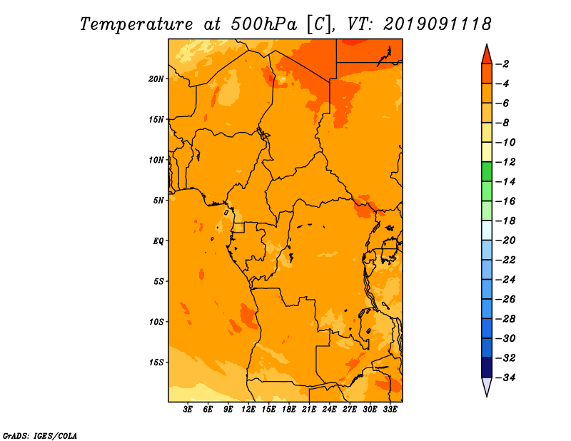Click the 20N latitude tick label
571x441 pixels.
tap(156, 79)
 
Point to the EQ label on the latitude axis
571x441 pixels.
tap(158, 241)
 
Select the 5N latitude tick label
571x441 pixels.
tap(158, 201)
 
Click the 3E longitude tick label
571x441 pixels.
tap(188, 409)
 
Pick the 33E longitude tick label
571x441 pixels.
tap(390, 409)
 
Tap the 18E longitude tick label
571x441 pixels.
tap(289, 409)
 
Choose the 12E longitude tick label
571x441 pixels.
tap(248, 409)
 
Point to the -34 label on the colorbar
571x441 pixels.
tap(506, 377)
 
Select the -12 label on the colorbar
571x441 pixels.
tap(506, 162)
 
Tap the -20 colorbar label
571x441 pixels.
tap(506, 240)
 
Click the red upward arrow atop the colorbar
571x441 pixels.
tap(487, 55)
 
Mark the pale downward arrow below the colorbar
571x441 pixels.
tap(487, 386)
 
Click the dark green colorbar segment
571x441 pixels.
tap(487, 172)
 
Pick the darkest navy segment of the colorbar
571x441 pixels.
tap(487, 367)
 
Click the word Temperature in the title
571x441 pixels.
tap(136, 25)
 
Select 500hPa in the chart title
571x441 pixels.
tap(264, 24)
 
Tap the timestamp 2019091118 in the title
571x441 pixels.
tap(438, 24)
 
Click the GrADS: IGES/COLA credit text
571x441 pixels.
tap(40, 436)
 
